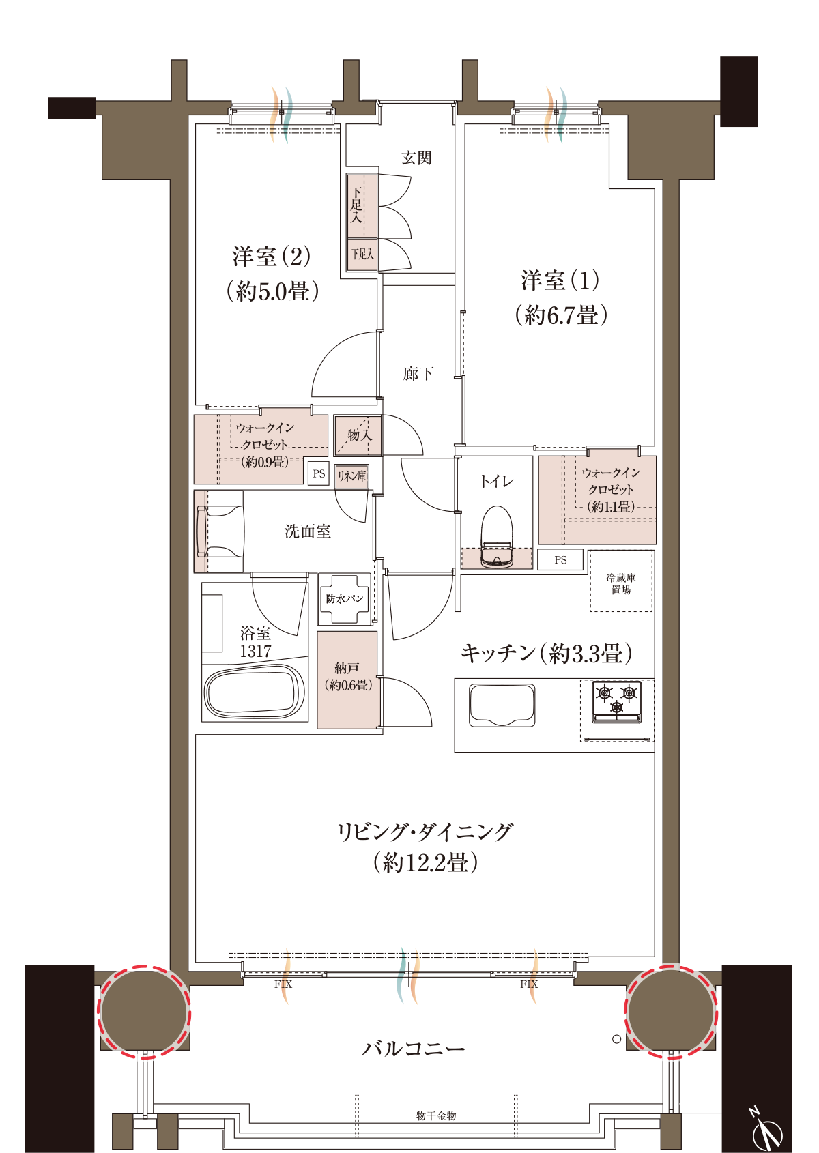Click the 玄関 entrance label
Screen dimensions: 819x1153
tap(416, 158)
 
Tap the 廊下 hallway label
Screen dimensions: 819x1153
tap(418, 373)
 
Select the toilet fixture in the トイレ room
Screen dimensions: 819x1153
tap(497, 536)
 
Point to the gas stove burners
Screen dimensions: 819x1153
tap(617, 701)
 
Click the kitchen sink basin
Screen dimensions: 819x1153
tap(502, 705)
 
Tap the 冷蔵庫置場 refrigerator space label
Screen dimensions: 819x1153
tap(621, 584)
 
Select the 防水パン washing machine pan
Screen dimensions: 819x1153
tap(345, 598)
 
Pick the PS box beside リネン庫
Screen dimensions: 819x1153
tap(319, 473)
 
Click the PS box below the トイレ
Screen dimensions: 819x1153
tap(560, 559)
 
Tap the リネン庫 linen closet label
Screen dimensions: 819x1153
tap(351, 476)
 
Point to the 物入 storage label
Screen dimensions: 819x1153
tap(359, 435)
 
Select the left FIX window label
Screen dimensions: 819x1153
tap(283, 984)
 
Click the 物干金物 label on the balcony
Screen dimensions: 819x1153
tap(436, 1115)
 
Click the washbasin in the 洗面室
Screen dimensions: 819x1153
tap(219, 531)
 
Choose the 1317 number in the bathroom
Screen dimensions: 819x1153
tap(255, 652)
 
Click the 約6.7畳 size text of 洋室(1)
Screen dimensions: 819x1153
tap(561, 315)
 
